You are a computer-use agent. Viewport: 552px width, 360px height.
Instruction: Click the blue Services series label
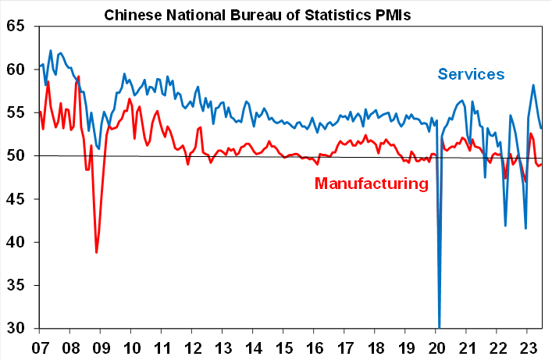[471, 74]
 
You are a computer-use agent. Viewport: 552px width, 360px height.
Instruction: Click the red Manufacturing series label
[372, 184]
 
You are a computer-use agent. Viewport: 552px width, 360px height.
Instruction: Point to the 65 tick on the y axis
[16, 27]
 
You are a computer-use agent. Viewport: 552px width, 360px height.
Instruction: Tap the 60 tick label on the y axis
[16, 70]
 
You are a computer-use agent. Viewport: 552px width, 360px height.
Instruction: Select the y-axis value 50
[16, 156]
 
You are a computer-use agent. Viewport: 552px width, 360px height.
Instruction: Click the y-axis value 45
[16, 199]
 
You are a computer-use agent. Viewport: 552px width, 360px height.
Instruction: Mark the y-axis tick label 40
[16, 242]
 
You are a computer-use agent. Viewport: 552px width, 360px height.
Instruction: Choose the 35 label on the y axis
[16, 286]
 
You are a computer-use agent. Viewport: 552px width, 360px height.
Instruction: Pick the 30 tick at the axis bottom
[16, 329]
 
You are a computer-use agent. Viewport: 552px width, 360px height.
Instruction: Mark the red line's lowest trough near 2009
[96, 252]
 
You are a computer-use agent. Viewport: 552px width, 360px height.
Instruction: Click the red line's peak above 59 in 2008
[79, 77]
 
